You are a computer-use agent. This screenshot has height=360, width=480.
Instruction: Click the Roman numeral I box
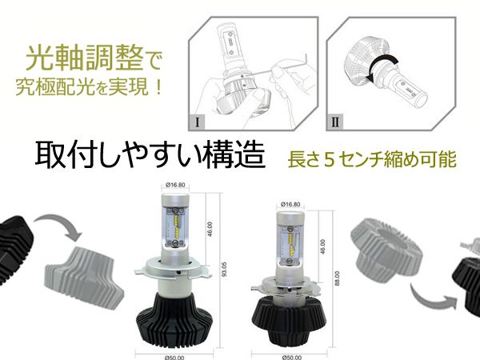click(x=198, y=122)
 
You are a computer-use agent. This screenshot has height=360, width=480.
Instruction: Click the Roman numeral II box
click(x=335, y=122)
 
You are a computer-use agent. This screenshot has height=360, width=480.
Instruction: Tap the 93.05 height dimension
click(x=224, y=270)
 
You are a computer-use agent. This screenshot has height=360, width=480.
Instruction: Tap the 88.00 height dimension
click(x=338, y=278)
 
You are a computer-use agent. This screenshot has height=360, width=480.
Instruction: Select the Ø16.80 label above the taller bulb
click(x=175, y=185)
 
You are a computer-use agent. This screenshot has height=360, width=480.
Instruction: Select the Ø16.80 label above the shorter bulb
click(x=290, y=205)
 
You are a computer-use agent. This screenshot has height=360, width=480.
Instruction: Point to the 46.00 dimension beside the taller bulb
click(x=210, y=229)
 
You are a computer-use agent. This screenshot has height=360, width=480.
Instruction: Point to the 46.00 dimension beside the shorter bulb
click(x=322, y=246)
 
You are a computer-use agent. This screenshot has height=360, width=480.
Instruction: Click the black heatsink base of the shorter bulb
click(x=290, y=321)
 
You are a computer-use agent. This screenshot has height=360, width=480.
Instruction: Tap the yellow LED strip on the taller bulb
click(x=176, y=227)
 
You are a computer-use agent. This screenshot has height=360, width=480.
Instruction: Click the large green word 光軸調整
click(x=85, y=58)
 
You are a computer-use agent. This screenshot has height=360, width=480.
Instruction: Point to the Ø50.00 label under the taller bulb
click(x=174, y=358)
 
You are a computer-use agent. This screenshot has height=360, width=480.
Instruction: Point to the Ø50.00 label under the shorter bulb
click(x=291, y=358)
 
